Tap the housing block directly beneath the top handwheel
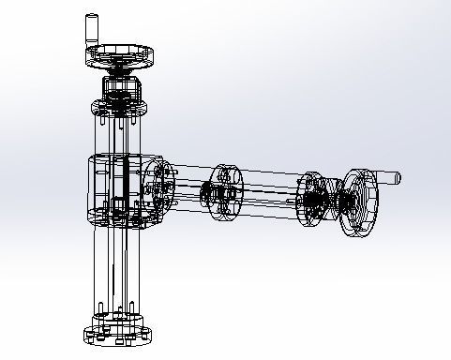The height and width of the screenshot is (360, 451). [x=120, y=89]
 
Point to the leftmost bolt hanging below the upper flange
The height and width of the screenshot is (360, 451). [x=99, y=122]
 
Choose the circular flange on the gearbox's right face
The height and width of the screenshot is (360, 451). [x=158, y=187]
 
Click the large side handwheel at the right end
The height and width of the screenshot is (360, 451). [x=360, y=201]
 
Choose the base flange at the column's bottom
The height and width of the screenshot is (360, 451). [x=117, y=333]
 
